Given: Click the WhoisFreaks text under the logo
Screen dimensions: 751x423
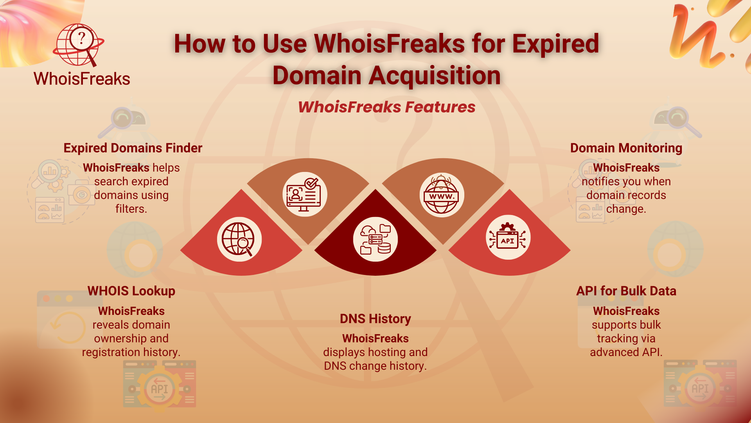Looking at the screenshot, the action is [x=82, y=79].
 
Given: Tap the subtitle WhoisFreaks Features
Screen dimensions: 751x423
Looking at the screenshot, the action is [x=386, y=107].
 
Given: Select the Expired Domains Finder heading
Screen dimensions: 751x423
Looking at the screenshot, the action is [x=133, y=148].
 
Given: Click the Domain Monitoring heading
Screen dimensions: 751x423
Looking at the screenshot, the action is [x=626, y=148].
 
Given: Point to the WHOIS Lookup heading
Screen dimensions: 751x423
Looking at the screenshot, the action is [x=131, y=291].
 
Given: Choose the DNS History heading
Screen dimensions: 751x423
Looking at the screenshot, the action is [x=375, y=319].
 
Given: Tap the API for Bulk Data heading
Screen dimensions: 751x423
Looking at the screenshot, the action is [x=626, y=291].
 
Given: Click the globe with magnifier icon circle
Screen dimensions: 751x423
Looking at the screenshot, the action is [x=239, y=239].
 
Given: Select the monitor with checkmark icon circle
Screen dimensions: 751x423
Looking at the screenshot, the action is [x=305, y=194].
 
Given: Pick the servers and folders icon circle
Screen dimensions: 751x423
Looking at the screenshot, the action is [x=375, y=239].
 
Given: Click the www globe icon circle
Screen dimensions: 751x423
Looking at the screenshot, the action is [x=442, y=195].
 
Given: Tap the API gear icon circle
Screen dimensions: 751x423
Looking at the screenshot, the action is [x=508, y=237].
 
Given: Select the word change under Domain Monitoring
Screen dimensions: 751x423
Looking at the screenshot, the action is [x=626, y=209].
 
